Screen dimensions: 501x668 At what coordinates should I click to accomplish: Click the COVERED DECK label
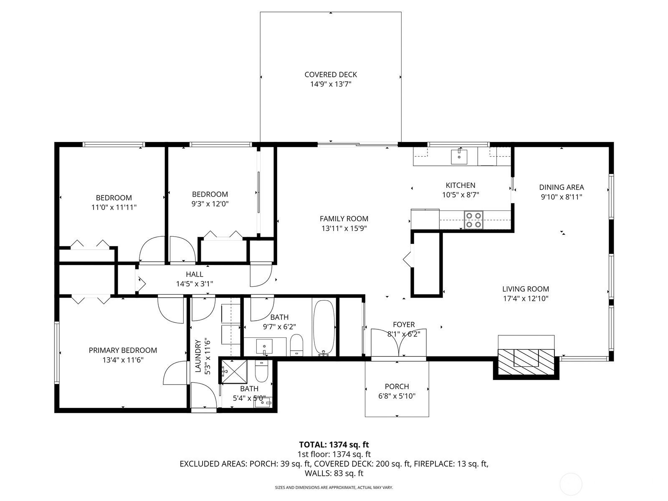point(331,75)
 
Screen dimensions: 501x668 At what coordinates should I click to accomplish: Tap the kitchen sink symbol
point(459,157)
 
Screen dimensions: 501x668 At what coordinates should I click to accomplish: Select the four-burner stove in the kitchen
point(473,220)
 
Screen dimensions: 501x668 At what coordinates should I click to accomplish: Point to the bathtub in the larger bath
point(324,327)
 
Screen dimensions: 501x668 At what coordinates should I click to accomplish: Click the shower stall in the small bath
point(233,371)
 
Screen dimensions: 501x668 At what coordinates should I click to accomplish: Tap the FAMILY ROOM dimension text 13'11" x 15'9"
point(344,228)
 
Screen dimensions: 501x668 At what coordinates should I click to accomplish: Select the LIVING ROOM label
point(525,289)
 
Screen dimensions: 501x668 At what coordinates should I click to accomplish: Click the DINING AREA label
point(561,187)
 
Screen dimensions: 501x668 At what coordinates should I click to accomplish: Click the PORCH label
point(397,387)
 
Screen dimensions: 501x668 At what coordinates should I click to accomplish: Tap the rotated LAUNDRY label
point(198,356)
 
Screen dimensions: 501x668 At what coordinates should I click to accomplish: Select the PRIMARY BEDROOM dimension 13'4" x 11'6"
point(123,360)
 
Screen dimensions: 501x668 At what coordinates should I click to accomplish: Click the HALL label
point(195,274)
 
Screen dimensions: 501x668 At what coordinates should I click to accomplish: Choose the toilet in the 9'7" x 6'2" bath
point(296,344)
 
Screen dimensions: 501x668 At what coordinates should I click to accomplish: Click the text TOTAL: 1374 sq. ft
point(334,445)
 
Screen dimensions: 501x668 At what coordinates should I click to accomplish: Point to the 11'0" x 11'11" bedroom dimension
point(114,207)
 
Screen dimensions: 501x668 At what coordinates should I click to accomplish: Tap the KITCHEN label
point(460,185)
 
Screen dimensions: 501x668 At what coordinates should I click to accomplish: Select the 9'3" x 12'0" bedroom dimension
point(210,204)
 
